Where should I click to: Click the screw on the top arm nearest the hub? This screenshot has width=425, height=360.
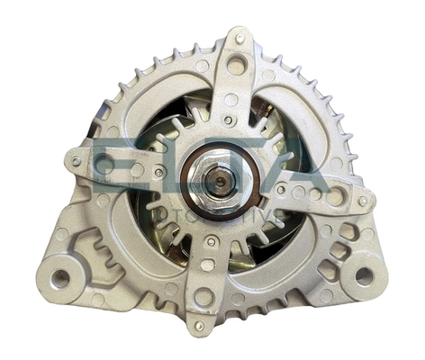tap(230, 121)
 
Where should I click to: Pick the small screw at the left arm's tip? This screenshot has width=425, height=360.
tap(76, 162)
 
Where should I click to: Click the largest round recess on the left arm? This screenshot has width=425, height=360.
tap(104, 165)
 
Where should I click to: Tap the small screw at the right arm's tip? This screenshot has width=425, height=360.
tap(362, 202)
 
